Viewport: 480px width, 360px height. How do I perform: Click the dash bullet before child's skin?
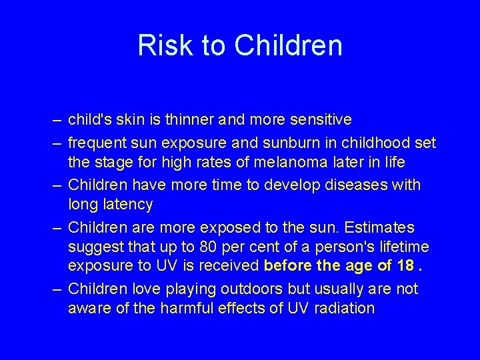[x=58, y=121]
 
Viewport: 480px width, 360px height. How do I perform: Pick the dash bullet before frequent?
[x=58, y=143]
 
